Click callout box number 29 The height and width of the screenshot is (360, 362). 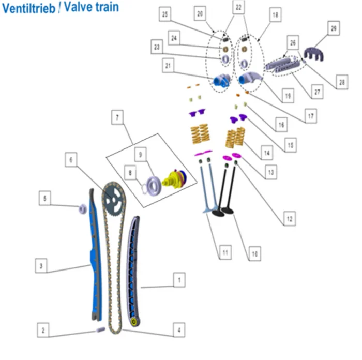coord(334,28)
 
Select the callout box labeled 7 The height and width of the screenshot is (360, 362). coord(118,118)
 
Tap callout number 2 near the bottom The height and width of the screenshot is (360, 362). coord(44,329)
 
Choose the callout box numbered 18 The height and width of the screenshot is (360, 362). coord(275,16)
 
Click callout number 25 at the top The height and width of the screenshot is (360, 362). coord(165,16)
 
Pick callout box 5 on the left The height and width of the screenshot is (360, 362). coord(46,199)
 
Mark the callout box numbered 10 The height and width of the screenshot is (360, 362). coord(253,253)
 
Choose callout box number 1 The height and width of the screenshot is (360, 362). coord(178,281)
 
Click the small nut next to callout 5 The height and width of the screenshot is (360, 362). coord(82,209)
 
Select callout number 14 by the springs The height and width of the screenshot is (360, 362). coord(267,154)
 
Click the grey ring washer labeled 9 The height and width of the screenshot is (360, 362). coord(154,184)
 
